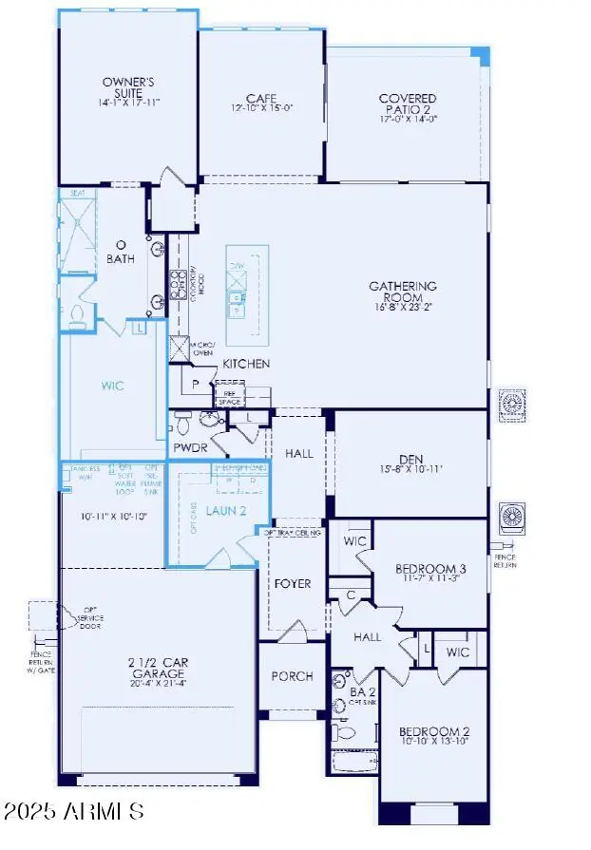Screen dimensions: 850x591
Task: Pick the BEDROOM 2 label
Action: click(x=432, y=731)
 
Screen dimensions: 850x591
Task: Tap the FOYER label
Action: click(x=293, y=583)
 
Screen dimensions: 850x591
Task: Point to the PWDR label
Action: click(x=190, y=447)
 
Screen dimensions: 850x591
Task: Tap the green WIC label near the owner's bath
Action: click(x=112, y=387)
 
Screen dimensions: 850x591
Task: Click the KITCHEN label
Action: click(x=246, y=364)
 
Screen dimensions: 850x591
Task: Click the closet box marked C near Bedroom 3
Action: click(x=351, y=595)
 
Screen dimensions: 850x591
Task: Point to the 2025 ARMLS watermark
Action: click(x=73, y=812)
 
